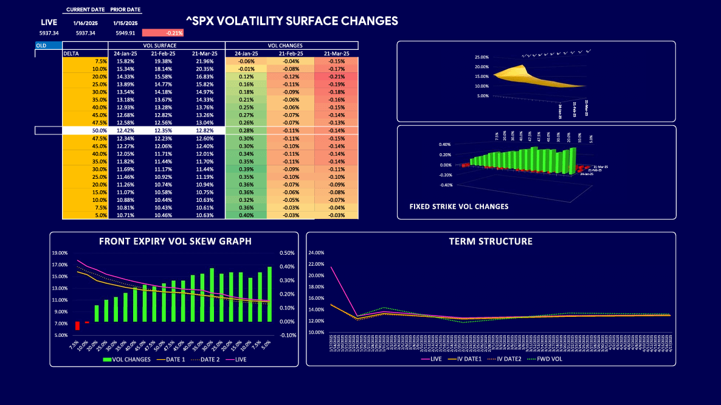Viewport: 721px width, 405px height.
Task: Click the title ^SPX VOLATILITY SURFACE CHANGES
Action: pos(292,21)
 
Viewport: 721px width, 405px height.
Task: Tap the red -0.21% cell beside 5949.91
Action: pos(162,33)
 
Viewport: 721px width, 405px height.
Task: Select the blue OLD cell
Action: pos(48,46)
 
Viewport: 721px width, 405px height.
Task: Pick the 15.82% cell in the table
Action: pos(125,61)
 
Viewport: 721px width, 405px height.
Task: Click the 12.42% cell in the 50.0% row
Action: pos(125,131)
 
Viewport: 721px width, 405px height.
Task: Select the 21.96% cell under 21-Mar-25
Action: pos(204,61)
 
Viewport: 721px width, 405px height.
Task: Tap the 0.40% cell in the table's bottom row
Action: pos(246,215)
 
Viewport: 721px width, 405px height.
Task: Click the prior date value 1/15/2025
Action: pos(125,22)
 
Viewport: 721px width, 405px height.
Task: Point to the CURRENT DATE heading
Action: pos(85,10)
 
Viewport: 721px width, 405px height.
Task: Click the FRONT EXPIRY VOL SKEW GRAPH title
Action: pos(175,241)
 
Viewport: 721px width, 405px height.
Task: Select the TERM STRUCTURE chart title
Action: pos(491,241)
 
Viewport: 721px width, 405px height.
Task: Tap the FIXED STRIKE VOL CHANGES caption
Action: pos(459,207)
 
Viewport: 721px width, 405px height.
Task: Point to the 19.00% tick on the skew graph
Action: pos(60,253)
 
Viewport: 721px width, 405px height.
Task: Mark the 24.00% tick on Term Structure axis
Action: pos(317,252)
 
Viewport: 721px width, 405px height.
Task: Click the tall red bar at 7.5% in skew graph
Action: pos(77,326)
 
